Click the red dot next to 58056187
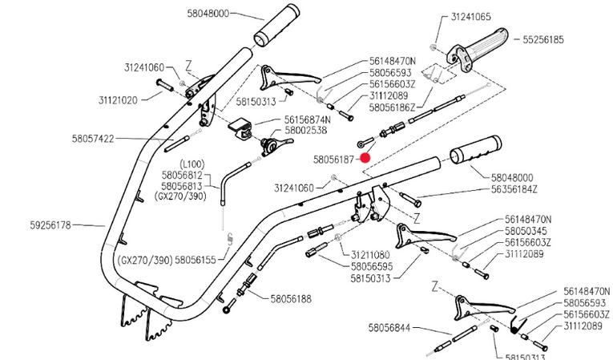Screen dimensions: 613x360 click(365, 158)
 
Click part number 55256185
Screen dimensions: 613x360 click(543, 39)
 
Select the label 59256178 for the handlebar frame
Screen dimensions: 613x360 click(50, 225)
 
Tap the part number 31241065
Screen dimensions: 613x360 click(470, 17)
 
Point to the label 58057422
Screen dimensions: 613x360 click(93, 139)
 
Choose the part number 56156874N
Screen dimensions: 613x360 click(307, 119)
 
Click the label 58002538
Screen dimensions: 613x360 click(306, 130)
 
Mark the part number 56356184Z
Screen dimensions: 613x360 click(514, 189)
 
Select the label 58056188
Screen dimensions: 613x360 click(291, 299)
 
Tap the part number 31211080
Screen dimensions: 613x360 click(370, 255)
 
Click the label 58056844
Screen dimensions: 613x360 click(389, 327)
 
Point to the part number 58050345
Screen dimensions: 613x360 click(526, 231)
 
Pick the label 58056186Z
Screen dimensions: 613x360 click(392, 107)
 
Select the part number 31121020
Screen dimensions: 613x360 click(118, 100)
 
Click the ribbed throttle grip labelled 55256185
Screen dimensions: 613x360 click(478, 50)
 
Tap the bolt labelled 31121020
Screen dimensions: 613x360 click(164, 85)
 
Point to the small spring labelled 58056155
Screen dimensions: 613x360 click(230, 239)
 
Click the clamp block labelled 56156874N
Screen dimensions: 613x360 click(239, 127)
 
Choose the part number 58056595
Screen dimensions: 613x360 click(372, 267)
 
